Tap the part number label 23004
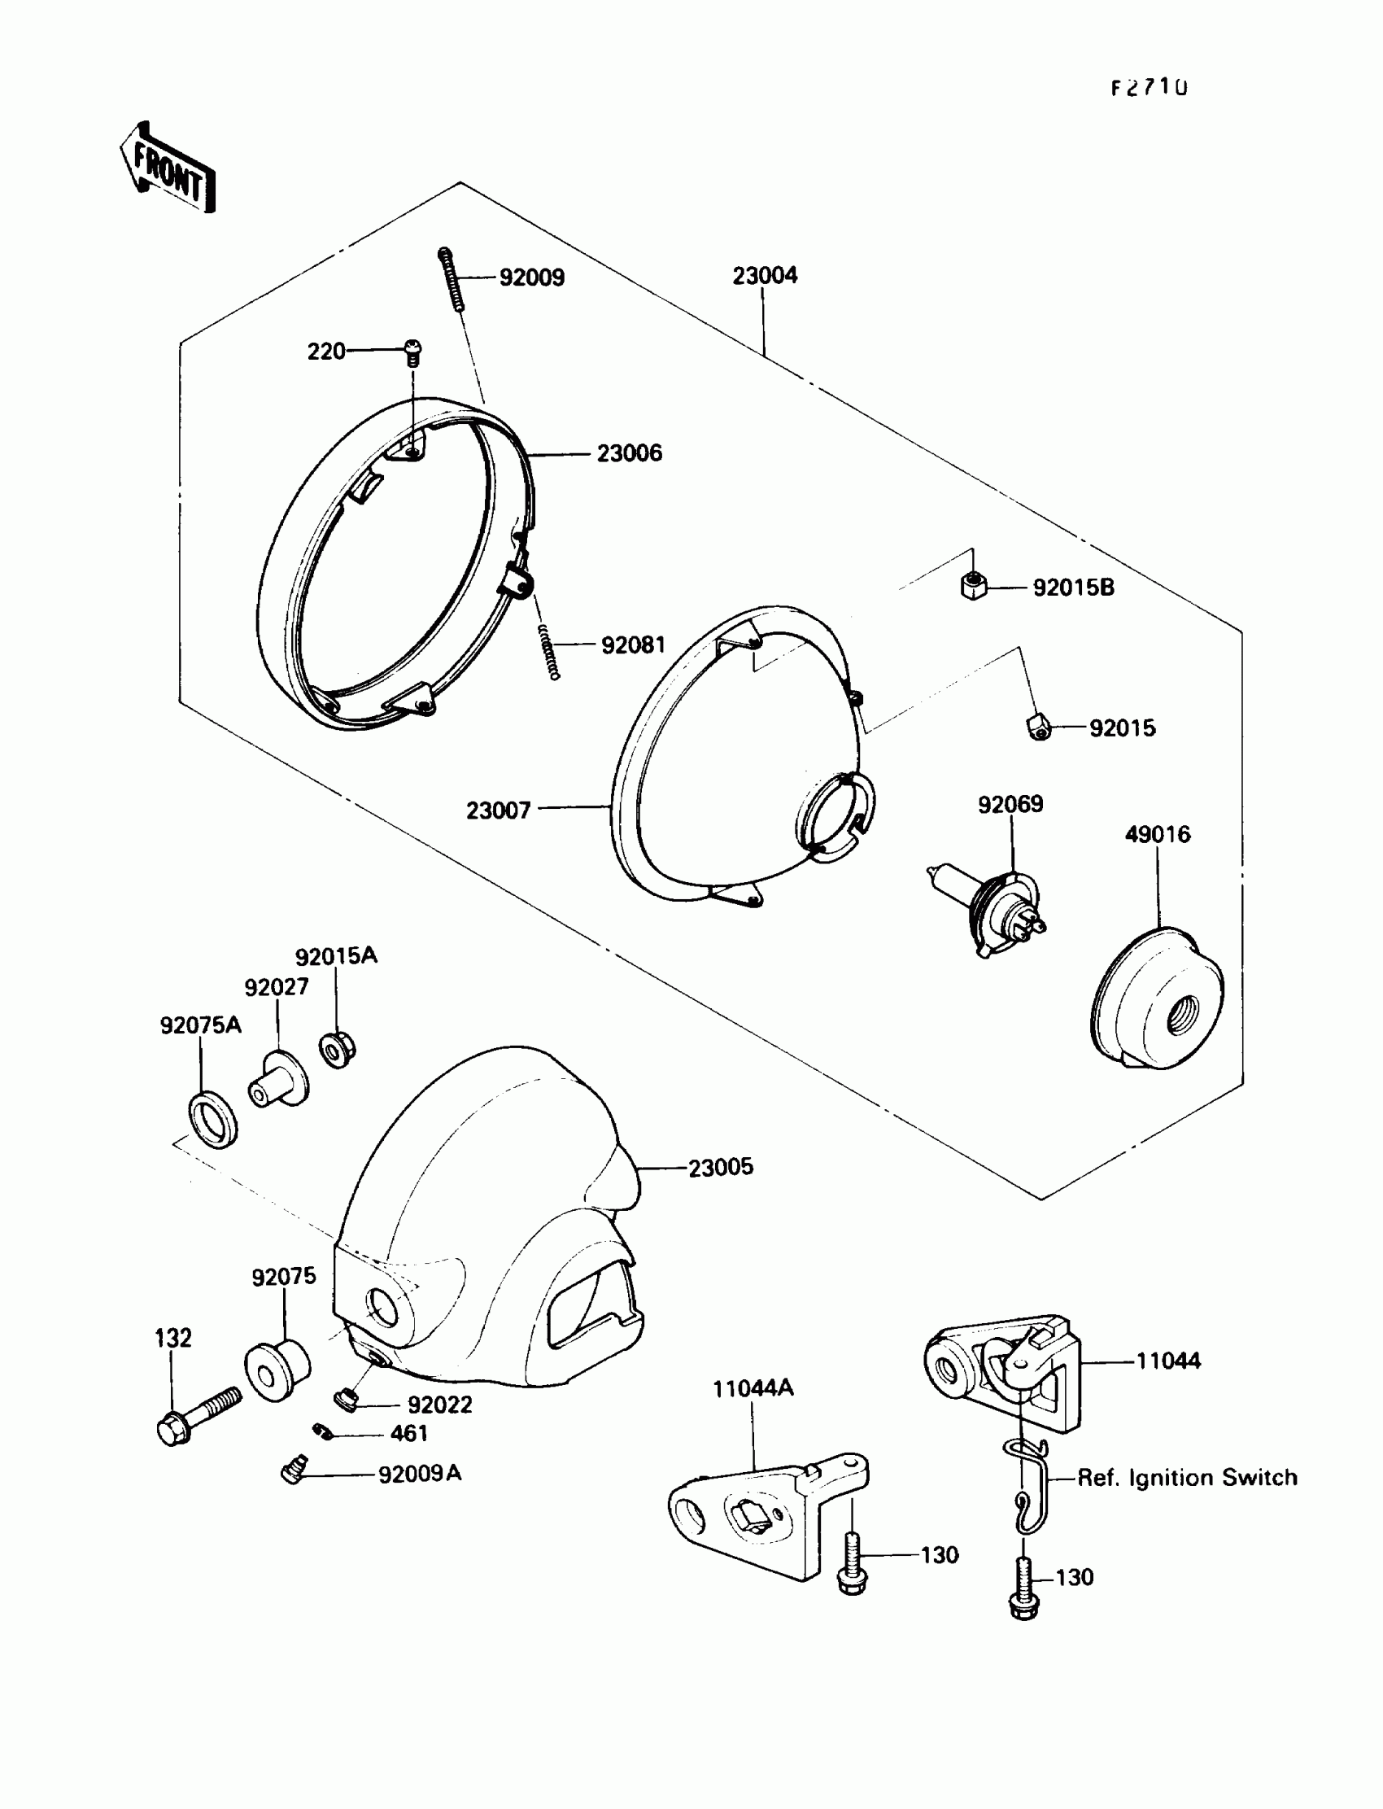765,276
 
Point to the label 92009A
419,1474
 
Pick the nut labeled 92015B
973,586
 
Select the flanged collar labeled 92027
278,1081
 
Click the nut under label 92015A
337,1050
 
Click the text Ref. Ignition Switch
1187,1478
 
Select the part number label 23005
720,1168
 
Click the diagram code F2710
1150,87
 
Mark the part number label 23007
499,811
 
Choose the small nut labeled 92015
1039,728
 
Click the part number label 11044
1168,1361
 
